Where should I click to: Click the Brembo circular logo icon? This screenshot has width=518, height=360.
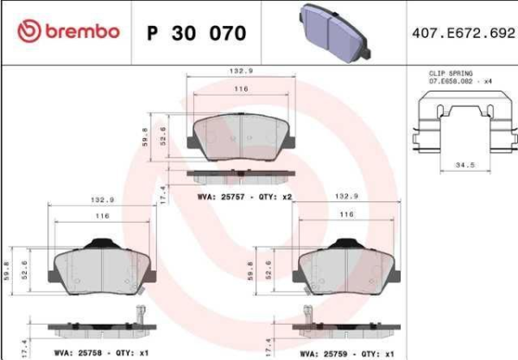pyautogui.click(x=28, y=32)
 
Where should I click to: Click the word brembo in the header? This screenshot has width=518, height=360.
pyautogui.click(x=79, y=32)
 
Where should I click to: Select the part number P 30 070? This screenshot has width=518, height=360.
pyautogui.click(x=197, y=33)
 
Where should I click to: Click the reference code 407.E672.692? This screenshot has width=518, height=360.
pyautogui.click(x=458, y=33)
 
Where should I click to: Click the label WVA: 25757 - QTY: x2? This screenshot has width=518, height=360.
pyautogui.click(x=246, y=197)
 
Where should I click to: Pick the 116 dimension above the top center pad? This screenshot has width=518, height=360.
pyautogui.click(x=239, y=90)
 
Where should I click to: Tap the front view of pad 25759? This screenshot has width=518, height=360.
pyautogui.click(x=347, y=262)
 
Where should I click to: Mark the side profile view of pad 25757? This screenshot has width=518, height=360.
pyautogui.click(x=241, y=174)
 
